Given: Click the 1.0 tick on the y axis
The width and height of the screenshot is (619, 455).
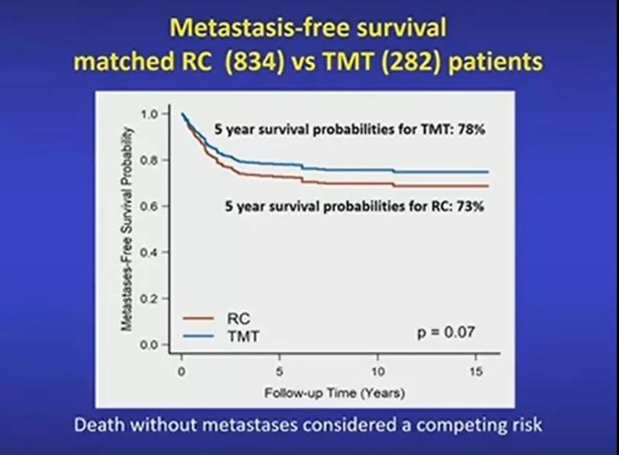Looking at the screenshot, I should click(x=150, y=114).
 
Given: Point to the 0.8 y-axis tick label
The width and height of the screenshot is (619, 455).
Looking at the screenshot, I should click(x=150, y=160).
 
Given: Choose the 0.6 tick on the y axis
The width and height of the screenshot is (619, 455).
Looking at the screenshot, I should click(x=150, y=207).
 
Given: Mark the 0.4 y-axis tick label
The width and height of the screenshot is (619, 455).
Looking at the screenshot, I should click(x=150, y=252).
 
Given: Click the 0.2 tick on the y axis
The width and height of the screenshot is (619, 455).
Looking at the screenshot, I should click(x=150, y=299).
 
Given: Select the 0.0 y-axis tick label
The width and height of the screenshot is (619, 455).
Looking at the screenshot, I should click(x=150, y=345).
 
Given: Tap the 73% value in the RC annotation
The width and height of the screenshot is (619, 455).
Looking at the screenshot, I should click(x=470, y=207).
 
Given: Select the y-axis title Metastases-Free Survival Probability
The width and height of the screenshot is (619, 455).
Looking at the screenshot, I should click(x=128, y=229).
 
